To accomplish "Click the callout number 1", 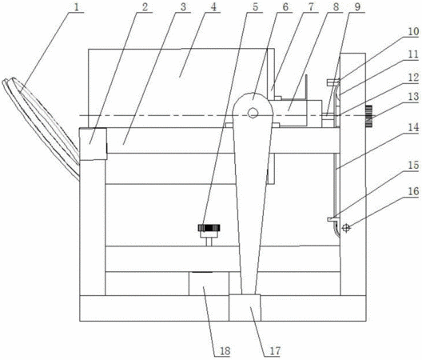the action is (77, 7).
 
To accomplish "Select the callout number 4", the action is (213, 7).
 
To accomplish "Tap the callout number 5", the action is (256, 7).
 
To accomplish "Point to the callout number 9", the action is (357, 7).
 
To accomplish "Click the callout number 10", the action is (414, 32).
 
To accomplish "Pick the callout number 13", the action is (414, 97).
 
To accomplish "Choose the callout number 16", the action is (414, 191).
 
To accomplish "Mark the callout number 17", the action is (275, 351).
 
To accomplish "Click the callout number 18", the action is (225, 351).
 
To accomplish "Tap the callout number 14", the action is (414, 127).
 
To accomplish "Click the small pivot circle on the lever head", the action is (253, 113).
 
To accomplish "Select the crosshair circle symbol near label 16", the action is (346, 228).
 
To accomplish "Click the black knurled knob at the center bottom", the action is (209, 228).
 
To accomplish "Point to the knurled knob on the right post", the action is (369, 116).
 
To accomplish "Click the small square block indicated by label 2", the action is (94, 144).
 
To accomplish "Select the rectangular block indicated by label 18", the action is (209, 283).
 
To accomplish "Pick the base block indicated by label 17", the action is (245, 308).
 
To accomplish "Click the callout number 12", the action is (414, 78).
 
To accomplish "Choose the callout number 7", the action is (311, 7).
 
